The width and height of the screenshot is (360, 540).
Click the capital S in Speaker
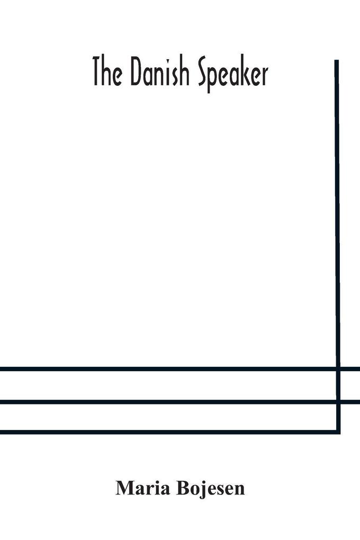click(203, 74)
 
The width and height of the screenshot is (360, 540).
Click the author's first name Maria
click(143, 488)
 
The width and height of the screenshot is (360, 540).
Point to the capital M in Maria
click(124, 489)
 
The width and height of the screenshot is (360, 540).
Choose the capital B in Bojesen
click(183, 489)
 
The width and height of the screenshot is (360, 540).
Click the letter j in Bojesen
click(202, 490)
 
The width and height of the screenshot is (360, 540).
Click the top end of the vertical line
click(337, 60)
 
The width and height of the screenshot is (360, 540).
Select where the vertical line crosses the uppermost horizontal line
click(338, 369)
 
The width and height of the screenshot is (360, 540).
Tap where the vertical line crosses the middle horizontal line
click(338, 401)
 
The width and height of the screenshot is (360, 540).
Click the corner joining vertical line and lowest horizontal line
click(338, 432)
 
